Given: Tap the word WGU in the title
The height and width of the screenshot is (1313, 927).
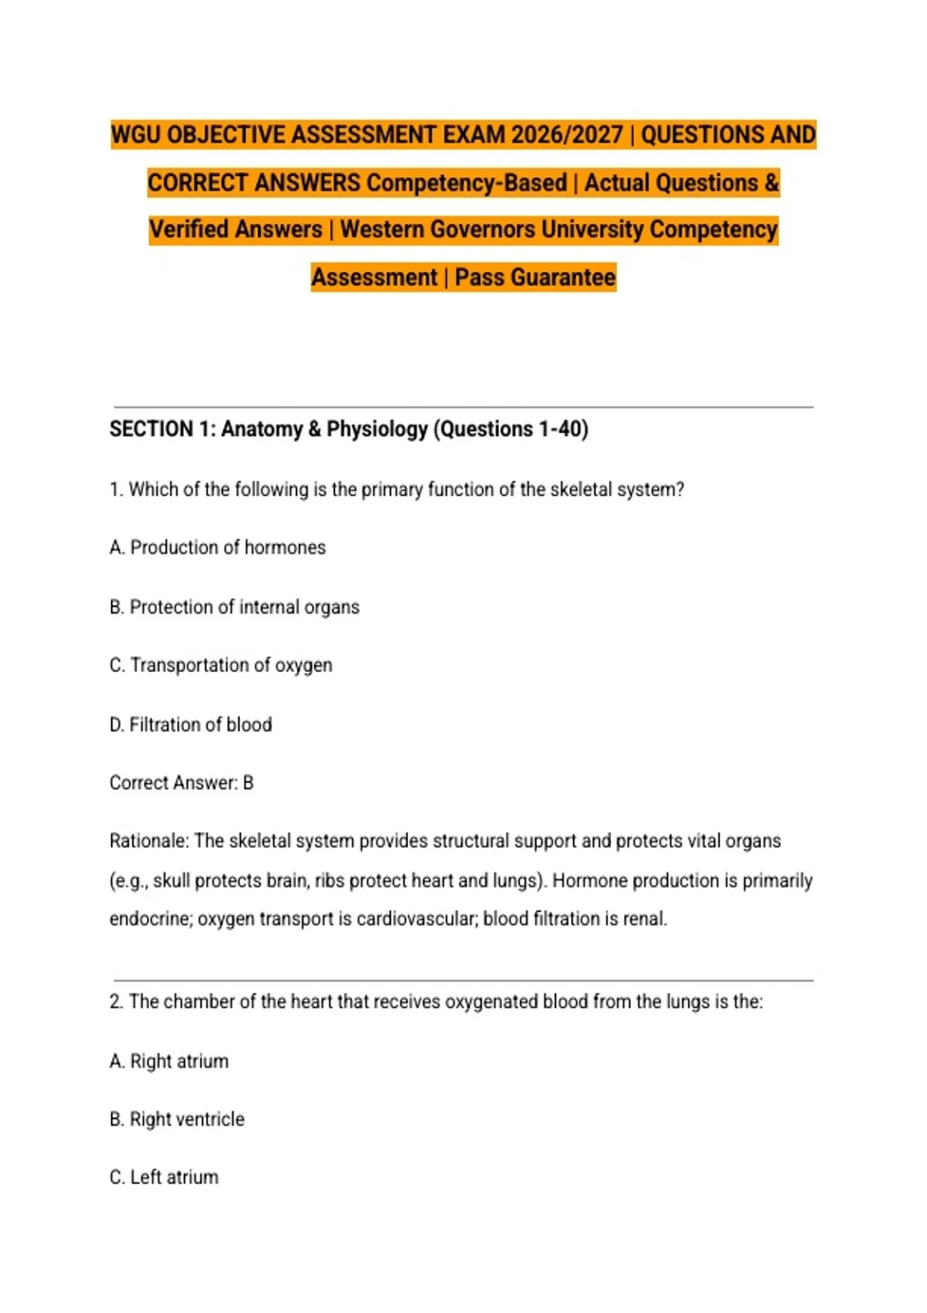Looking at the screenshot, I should pos(136,135).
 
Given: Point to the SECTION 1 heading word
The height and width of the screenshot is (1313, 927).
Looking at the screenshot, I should pos(151,429).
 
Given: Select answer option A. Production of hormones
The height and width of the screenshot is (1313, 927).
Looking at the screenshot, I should pos(218,548).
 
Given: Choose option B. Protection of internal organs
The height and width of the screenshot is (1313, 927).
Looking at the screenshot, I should pos(234,607).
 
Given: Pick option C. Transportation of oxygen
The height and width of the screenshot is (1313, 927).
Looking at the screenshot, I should pos(221,666).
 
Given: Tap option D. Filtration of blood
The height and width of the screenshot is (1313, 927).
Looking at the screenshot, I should pos(191,724).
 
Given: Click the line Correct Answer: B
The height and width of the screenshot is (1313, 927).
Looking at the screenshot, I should pos(182,783).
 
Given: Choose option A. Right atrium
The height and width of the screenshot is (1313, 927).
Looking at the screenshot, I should pos(169,1061).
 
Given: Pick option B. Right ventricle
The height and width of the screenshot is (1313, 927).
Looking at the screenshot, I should pos(177,1119).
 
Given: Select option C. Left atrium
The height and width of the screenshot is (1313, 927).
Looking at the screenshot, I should pos(164,1178).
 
